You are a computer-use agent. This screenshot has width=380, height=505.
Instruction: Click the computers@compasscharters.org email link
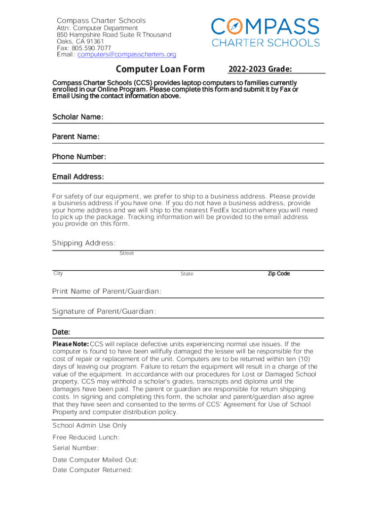(x=126, y=55)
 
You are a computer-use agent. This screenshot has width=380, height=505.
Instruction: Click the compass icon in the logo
(x=234, y=26)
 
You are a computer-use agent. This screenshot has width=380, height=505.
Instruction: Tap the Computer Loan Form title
(x=160, y=70)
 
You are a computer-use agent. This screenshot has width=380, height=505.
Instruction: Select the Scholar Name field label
(x=77, y=117)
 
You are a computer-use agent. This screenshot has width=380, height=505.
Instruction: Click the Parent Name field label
(x=76, y=137)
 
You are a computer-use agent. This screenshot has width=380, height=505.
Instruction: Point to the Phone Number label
(x=79, y=157)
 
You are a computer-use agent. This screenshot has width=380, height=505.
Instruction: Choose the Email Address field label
(x=78, y=177)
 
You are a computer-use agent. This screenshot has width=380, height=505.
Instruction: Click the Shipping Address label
(x=84, y=243)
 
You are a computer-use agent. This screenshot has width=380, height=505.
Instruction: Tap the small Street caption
(x=126, y=253)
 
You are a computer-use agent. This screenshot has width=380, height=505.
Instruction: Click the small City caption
(x=58, y=273)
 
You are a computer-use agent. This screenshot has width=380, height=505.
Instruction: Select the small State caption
(x=187, y=274)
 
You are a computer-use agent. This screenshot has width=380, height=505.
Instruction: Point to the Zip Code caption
(x=278, y=274)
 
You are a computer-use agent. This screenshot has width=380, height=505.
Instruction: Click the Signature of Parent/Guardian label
(x=104, y=312)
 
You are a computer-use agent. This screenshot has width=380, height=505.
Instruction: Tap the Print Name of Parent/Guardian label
(x=107, y=291)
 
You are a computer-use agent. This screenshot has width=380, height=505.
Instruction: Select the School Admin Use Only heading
(x=89, y=426)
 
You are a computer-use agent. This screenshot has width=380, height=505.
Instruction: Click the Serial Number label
(x=76, y=448)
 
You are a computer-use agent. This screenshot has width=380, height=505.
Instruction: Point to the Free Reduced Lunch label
(x=86, y=437)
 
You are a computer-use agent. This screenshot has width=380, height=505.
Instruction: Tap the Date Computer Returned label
(x=92, y=470)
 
